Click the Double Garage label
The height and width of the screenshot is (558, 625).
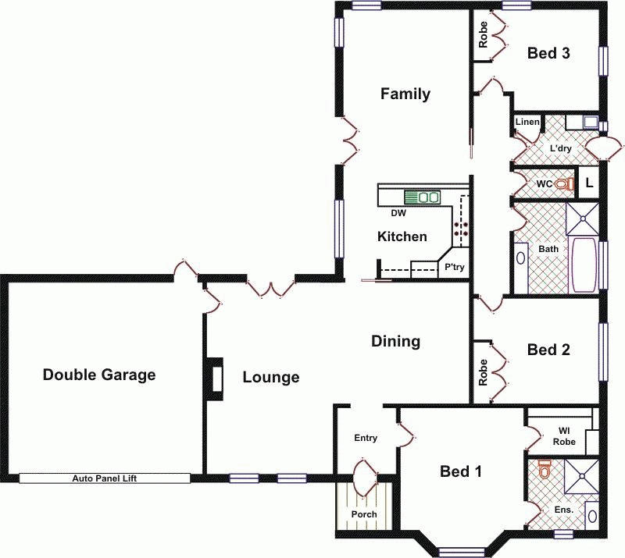pos(99,375)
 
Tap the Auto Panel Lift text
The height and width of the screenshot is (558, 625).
pos(105,478)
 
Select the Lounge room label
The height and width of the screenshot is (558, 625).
pos(270,378)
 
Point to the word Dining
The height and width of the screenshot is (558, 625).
pos(395,341)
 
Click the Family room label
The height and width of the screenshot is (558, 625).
pos(405,94)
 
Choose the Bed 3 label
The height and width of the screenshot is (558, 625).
pos(548,54)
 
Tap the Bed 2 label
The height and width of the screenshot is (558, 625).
pos(548,350)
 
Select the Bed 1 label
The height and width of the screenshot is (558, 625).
pos(460,471)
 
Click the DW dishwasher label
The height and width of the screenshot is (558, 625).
pos(398,212)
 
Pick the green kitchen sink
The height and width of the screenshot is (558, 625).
pos(421,197)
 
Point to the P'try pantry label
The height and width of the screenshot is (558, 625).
pos(454,267)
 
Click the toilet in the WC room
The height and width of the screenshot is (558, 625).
pos(566,184)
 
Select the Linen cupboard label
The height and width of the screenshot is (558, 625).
pos(527,123)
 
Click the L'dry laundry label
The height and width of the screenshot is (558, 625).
pos(559,148)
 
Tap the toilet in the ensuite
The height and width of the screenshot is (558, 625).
pos(545,469)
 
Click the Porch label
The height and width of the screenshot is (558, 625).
pos(364,514)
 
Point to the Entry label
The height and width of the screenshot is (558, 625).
pos(366,438)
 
